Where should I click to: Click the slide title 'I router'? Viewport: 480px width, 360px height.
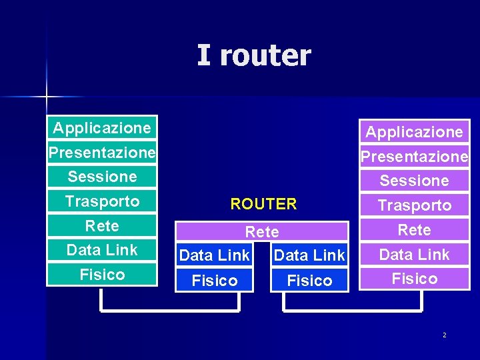tap(253, 55)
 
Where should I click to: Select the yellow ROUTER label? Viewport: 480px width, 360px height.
tap(263, 204)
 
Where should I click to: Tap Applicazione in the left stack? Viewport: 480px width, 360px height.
tap(102, 127)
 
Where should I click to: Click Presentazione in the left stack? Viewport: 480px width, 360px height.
tap(102, 152)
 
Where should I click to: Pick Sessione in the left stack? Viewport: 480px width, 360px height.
tap(102, 177)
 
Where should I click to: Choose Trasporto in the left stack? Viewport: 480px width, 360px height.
tap(102, 201)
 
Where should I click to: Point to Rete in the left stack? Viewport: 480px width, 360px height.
tap(102, 226)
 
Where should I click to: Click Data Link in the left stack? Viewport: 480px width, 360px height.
tap(102, 250)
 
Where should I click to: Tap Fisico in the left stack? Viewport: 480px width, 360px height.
tap(102, 274)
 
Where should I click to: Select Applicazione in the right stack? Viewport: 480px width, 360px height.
tap(414, 132)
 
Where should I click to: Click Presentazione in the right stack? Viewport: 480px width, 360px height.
tap(414, 157)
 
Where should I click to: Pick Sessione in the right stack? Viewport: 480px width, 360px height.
tap(414, 181)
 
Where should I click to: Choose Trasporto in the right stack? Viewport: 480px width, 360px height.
tap(414, 205)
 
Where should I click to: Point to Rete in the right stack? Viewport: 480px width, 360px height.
tap(414, 230)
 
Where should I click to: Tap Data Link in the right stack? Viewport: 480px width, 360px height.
tap(414, 254)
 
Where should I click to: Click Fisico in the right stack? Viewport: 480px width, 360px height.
tap(414, 278)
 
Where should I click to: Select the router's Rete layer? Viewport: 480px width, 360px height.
tap(262, 232)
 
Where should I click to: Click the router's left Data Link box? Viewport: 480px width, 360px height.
tap(215, 255)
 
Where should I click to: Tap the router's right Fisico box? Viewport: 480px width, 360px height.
tap(309, 281)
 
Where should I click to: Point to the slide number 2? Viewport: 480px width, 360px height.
tap(445, 335)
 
